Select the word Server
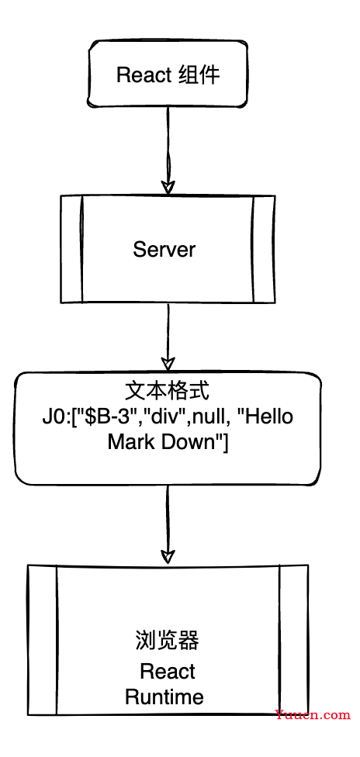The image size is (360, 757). (x=164, y=250)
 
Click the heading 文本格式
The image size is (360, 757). (x=167, y=392)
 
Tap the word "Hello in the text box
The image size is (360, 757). (x=270, y=417)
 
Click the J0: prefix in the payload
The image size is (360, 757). (x=54, y=417)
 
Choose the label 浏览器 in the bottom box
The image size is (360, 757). (x=166, y=641)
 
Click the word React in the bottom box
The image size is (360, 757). (x=167, y=672)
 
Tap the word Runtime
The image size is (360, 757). (x=164, y=697)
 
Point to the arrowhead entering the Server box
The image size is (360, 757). (x=168, y=188)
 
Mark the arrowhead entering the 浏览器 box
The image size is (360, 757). (x=168, y=555)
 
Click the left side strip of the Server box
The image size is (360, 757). (x=72, y=249)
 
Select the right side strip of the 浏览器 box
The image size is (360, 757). (x=294, y=640)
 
